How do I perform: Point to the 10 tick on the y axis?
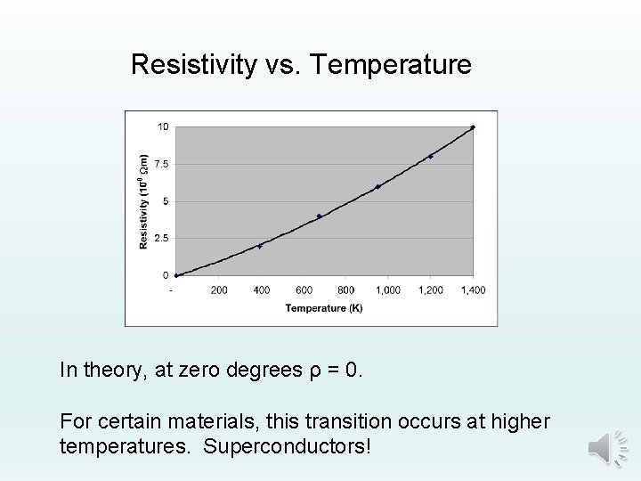pyautogui.click(x=163, y=126)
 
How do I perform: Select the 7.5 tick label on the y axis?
pyautogui.click(x=161, y=164)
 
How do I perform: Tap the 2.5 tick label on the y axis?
pyautogui.click(x=161, y=239)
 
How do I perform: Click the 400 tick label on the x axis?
pyautogui.click(x=262, y=290)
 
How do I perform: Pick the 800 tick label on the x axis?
pyautogui.click(x=346, y=290)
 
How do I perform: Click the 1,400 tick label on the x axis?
pyautogui.click(x=473, y=290)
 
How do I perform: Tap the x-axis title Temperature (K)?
pyautogui.click(x=324, y=308)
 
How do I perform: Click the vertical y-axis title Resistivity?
pyautogui.click(x=143, y=201)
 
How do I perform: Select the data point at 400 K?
pyautogui.click(x=260, y=246)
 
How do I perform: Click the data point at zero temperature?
pyautogui.click(x=176, y=275)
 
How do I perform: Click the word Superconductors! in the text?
pyautogui.click(x=287, y=444)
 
